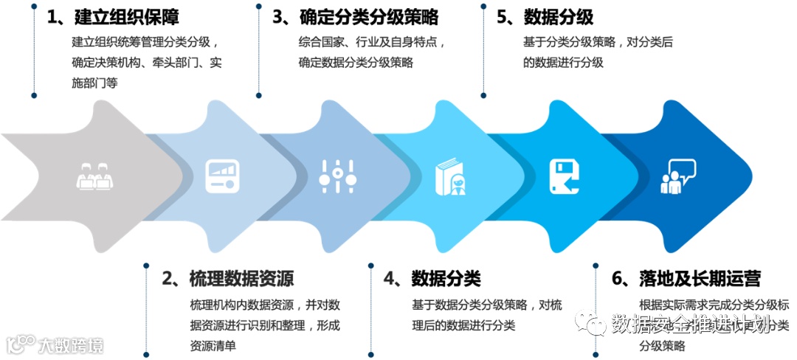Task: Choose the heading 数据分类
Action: [x=446, y=279]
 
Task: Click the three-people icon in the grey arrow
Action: [x=94, y=177]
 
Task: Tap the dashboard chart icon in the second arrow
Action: [x=222, y=176]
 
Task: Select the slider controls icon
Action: [x=338, y=176]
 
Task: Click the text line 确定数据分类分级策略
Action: [x=356, y=63]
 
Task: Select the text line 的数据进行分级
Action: [x=563, y=63]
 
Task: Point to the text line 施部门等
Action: [x=95, y=83]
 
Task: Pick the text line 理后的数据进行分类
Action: [x=463, y=325]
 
